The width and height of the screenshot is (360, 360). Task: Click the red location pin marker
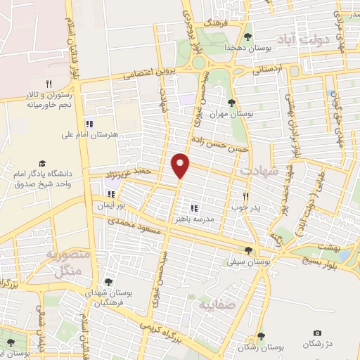tap(181, 165)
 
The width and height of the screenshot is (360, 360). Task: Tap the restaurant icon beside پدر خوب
tap(245, 197)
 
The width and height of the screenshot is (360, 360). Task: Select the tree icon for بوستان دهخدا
tap(247, 36)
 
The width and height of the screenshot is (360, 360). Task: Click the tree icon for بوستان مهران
tap(231, 103)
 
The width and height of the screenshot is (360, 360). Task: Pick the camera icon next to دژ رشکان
tap(316, 333)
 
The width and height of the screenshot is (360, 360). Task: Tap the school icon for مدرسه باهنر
tap(194, 207)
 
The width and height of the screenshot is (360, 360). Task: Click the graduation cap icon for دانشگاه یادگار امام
tap(41, 163)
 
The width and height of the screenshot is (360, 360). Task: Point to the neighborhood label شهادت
tap(259, 171)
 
